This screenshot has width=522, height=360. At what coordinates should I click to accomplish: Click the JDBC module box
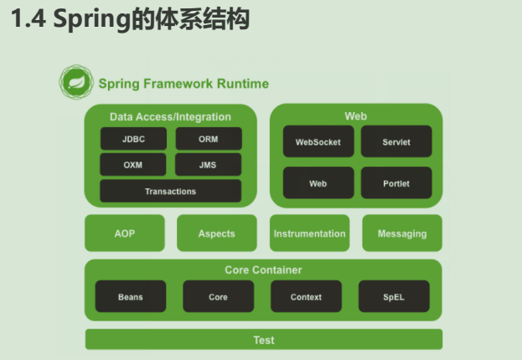click(133, 139)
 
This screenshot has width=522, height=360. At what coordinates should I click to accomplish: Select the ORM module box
click(209, 139)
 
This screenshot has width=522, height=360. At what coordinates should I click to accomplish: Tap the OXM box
click(133, 164)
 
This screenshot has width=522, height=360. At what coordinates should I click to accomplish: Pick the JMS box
click(208, 164)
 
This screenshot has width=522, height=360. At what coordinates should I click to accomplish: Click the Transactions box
click(170, 191)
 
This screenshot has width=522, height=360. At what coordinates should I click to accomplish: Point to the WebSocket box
click(318, 141)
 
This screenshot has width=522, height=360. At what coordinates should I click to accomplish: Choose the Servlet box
click(396, 141)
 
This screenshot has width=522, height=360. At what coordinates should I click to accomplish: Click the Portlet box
click(396, 183)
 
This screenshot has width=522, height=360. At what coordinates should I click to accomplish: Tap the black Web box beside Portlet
click(318, 183)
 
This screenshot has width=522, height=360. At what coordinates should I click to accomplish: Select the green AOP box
click(125, 233)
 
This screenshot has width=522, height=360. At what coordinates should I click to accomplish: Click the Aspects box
click(217, 233)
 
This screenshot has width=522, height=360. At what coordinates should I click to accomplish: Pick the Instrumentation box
click(310, 233)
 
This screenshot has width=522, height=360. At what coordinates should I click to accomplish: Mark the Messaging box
click(402, 233)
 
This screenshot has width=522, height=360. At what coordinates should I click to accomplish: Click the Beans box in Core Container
click(131, 296)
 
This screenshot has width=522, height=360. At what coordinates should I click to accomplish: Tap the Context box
click(307, 296)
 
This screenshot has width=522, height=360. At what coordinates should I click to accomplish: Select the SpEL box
click(394, 296)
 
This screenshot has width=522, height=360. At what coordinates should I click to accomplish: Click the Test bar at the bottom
click(264, 339)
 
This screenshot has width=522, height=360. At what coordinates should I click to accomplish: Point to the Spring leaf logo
click(76, 82)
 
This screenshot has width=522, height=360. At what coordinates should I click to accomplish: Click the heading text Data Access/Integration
click(170, 116)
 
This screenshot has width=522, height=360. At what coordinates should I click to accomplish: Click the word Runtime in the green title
click(243, 84)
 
